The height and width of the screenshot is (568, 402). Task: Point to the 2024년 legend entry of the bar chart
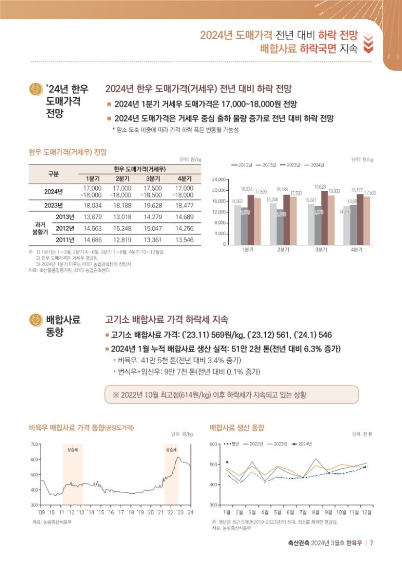point(314,165)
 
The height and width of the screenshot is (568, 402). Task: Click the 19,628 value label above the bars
point(320,186)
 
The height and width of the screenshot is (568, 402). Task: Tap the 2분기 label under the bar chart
point(283,250)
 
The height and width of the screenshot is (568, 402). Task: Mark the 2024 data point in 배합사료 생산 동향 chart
point(227,461)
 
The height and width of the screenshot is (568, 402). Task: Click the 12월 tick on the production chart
point(366,512)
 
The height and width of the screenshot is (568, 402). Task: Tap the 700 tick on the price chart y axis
point(35,444)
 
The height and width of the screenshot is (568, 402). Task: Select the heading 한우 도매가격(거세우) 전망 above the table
point(68,153)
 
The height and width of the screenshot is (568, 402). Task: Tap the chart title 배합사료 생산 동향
point(237,427)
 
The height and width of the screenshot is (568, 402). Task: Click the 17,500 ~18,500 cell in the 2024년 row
point(153,191)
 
